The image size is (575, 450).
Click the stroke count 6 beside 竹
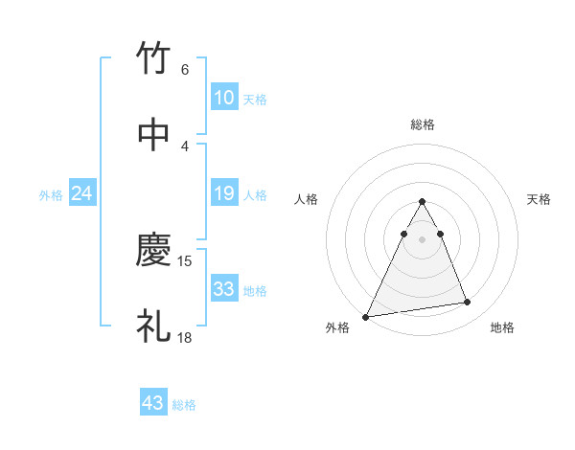tap(184, 69)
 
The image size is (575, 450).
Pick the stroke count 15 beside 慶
tap(186, 260)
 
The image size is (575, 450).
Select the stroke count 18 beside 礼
tap(186, 337)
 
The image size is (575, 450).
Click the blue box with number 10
tap(223, 98)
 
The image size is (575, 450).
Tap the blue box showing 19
tap(223, 193)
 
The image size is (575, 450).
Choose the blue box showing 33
tap(223, 289)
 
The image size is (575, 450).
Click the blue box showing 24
tap(81, 193)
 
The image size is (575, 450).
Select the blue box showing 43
tap(152, 403)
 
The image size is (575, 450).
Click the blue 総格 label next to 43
tap(184, 405)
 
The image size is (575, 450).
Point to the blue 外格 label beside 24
tap(51, 195)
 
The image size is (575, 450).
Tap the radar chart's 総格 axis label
tap(422, 124)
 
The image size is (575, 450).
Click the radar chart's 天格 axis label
tap(540, 199)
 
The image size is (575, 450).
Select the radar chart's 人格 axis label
tap(306, 199)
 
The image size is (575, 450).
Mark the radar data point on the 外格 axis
tap(365, 316)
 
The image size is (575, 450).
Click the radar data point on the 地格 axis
tap(468, 303)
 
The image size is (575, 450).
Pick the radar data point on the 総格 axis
tap(422, 202)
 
